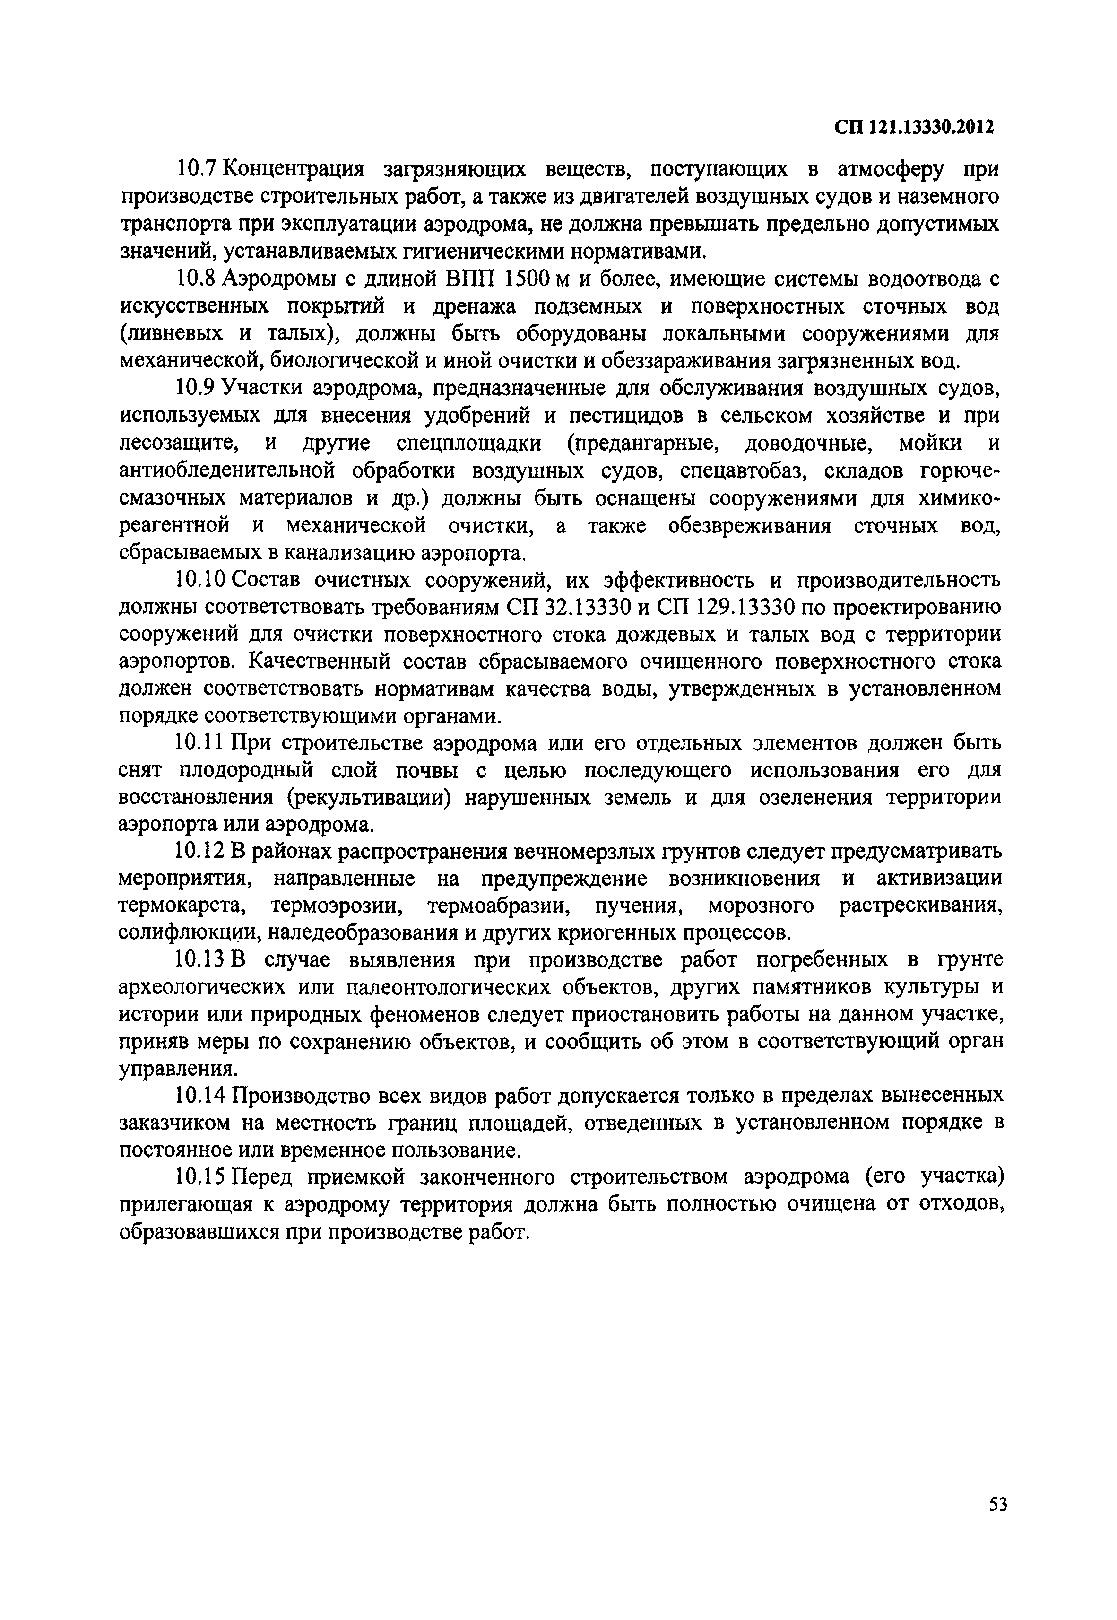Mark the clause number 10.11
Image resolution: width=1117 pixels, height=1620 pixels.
(201, 743)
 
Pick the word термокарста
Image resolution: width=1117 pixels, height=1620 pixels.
(182, 906)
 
